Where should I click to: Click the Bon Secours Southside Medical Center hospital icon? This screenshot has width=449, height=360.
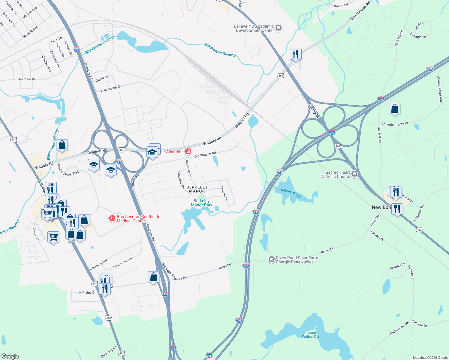(x=112, y=218)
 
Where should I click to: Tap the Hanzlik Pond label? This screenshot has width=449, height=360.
(x=290, y=193)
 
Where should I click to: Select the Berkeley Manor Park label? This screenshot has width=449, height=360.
(x=202, y=203)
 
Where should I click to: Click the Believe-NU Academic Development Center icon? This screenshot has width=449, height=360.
(x=279, y=28)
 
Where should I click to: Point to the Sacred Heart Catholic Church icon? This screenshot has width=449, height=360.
(x=354, y=174)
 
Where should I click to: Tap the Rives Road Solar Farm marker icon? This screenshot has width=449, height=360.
(x=271, y=259)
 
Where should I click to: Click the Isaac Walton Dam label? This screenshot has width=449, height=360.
(x=312, y=335)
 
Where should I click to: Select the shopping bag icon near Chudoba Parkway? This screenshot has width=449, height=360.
(x=394, y=109)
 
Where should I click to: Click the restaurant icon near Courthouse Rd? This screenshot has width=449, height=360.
(x=296, y=54)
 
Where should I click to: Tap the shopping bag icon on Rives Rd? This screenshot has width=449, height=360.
(x=153, y=277)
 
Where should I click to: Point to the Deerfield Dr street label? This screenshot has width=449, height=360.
(x=26, y=79)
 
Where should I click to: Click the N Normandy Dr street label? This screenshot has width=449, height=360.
(x=110, y=89)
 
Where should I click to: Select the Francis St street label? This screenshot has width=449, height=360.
(x=224, y=193)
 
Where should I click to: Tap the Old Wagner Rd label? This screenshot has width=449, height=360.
(x=205, y=155)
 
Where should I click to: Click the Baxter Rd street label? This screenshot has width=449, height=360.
(x=341, y=6)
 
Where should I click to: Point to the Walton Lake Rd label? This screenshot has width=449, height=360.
(x=399, y=328)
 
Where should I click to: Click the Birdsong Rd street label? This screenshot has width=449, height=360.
(x=109, y=352)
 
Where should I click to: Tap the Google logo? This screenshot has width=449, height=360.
(x=10, y=356)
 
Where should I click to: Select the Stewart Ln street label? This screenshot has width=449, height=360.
(x=397, y=266)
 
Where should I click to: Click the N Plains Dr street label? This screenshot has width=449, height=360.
(x=87, y=292)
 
